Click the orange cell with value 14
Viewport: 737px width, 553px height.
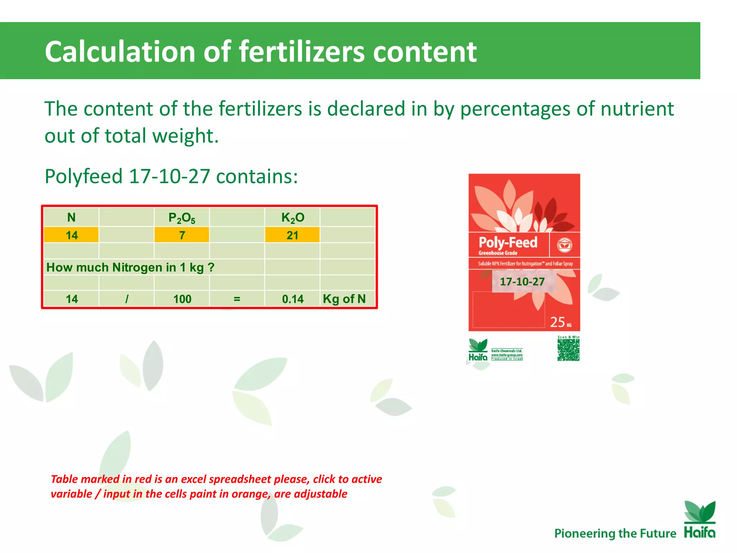click(71, 235)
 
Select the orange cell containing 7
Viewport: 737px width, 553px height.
click(182, 235)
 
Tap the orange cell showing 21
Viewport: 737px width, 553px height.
click(292, 235)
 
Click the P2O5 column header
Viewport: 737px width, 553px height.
click(182, 218)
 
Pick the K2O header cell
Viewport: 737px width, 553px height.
click(293, 218)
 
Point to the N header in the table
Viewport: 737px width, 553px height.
click(71, 217)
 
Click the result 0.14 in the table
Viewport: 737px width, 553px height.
click(293, 299)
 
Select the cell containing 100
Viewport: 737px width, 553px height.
click(182, 299)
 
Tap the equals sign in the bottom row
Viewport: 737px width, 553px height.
click(237, 299)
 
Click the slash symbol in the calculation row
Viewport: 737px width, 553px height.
click(127, 299)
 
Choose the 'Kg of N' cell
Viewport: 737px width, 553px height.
click(344, 299)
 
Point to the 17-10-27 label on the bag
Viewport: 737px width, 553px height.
click(522, 282)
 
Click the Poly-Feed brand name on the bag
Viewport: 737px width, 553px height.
click(508, 242)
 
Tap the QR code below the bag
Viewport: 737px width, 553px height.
click(568, 350)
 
